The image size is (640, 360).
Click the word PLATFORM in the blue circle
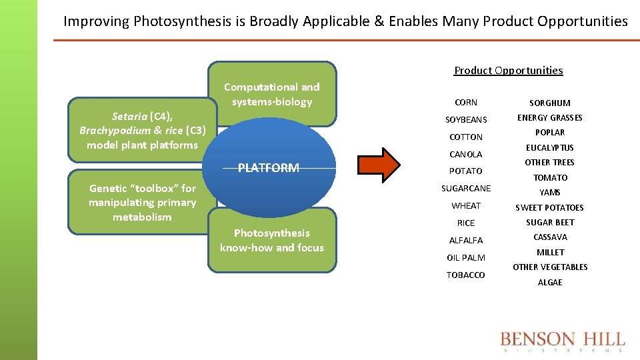tap(269, 168)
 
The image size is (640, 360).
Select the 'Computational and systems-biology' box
tap(272, 94)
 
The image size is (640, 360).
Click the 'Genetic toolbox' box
tap(142, 203)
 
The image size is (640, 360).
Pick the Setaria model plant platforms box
tap(142, 131)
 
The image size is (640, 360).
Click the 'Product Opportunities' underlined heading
tap(508, 71)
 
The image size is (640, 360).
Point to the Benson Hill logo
tap(563, 341)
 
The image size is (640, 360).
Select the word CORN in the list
tap(466, 103)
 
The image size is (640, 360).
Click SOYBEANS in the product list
tap(466, 120)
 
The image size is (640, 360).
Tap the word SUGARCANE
tap(466, 189)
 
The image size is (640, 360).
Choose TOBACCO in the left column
tap(466, 275)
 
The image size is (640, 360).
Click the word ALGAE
tap(550, 283)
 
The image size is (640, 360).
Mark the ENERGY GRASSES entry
tap(550, 118)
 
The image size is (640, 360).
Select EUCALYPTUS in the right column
tap(550, 148)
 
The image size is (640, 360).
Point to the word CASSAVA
tap(550, 237)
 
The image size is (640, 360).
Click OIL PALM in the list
tap(466, 258)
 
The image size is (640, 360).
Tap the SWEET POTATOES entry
tap(550, 208)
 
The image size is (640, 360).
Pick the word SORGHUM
tap(550, 103)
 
